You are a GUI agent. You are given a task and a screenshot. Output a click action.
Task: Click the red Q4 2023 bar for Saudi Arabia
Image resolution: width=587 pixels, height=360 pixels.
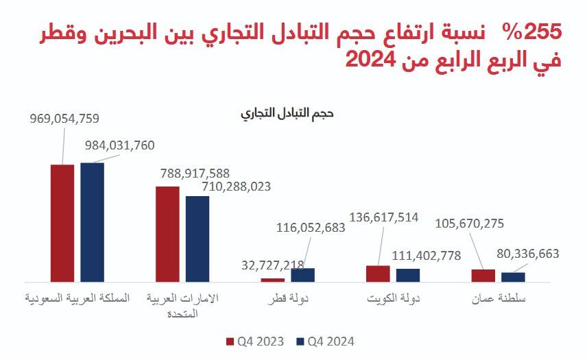(x=62, y=223)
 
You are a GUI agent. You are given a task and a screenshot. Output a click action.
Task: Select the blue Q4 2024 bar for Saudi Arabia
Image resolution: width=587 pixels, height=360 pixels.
(x=92, y=221)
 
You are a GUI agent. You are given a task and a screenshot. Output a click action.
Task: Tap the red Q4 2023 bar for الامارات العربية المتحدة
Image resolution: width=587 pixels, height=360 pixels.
(x=167, y=234)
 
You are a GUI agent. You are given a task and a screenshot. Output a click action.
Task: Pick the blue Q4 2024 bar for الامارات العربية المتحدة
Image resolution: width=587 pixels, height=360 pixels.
(x=197, y=239)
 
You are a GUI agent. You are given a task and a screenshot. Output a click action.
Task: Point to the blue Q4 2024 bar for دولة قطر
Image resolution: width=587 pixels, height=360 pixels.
(x=302, y=274)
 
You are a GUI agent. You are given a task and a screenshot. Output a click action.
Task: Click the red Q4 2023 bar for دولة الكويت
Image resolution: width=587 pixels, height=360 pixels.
(x=378, y=274)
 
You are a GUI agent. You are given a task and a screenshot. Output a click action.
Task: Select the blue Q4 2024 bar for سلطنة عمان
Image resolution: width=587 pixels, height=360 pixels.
(x=513, y=277)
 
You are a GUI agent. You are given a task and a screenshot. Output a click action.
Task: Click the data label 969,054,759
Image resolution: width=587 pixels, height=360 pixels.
(x=65, y=118)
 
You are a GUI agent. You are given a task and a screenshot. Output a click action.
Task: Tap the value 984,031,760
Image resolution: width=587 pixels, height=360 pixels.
(x=120, y=145)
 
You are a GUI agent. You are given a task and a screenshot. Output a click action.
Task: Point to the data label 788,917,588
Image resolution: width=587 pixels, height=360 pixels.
(x=195, y=173)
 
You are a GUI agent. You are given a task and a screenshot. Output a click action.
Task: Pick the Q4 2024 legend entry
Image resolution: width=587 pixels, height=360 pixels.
(x=324, y=341)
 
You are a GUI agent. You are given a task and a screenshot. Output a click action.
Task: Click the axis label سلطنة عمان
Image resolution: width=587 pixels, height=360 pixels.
(x=499, y=300)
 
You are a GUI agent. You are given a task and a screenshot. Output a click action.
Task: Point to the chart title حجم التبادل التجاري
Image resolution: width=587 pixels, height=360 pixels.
(x=287, y=114)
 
